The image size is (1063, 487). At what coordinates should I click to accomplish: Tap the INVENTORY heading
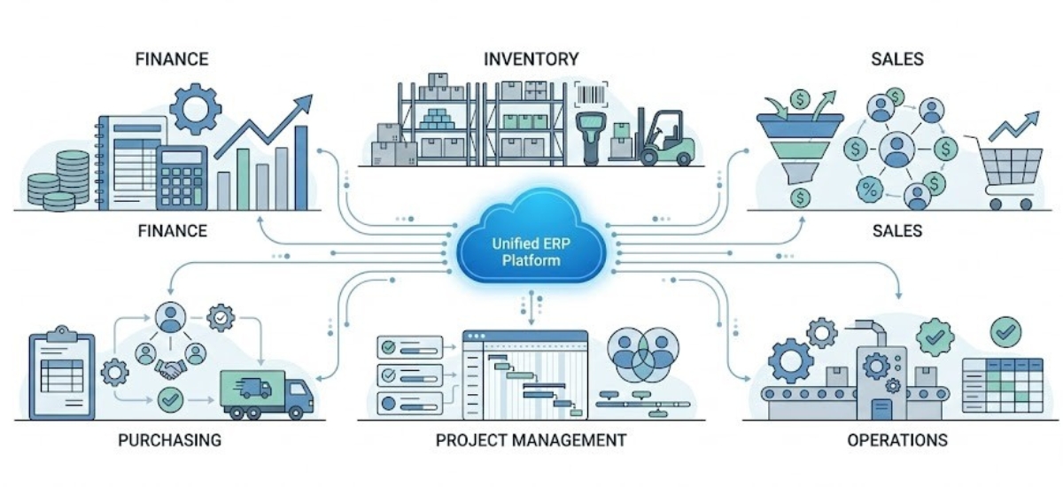point(531,59)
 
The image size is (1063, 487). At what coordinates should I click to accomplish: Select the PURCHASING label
point(168,440)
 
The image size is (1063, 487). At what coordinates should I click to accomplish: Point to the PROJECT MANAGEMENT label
point(531,440)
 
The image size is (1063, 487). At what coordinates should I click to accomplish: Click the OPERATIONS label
point(896,440)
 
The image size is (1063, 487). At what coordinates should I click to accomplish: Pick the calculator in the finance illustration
point(182,176)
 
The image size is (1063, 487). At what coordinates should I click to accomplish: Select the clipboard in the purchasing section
point(61,375)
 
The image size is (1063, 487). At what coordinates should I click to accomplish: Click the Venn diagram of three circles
point(643,353)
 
